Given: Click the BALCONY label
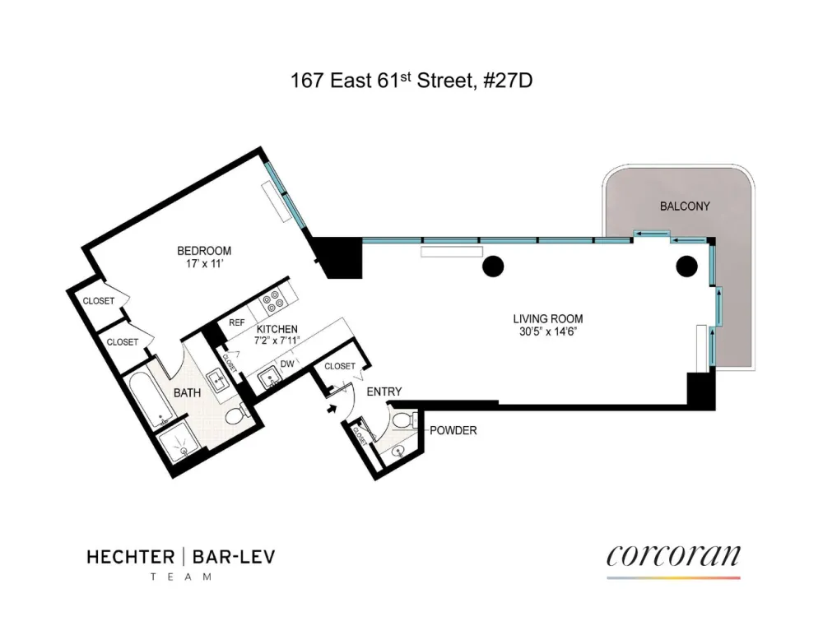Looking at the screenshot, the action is (685, 206).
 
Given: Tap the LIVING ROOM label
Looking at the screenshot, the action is (548, 318).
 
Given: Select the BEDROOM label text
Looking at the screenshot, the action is (204, 251).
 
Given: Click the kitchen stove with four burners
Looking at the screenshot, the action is (273, 301).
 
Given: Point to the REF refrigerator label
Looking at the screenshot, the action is (237, 322).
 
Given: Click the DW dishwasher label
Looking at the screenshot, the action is (287, 364).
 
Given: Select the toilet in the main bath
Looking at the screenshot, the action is (237, 414).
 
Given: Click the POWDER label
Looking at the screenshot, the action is (453, 430).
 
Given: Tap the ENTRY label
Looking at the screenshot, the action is (384, 392).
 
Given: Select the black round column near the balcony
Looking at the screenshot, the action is (686, 267).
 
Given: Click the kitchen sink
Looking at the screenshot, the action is (269, 378).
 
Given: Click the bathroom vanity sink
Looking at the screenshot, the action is (217, 379).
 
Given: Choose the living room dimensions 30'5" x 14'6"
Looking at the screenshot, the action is (548, 331).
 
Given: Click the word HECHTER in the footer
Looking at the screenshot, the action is (130, 558).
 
